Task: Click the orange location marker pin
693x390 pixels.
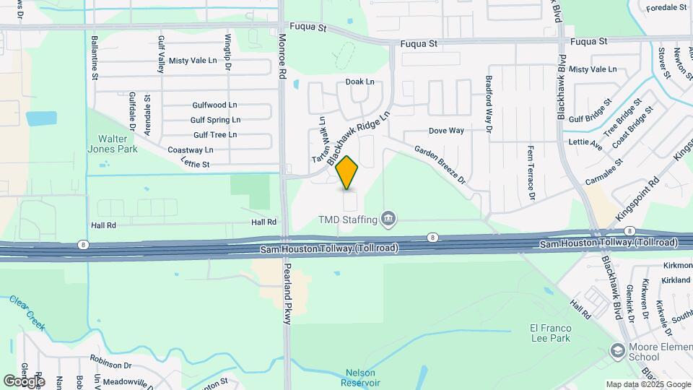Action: (x=347, y=173)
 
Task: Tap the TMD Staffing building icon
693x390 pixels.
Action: (x=388, y=218)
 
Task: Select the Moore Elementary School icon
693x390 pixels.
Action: (x=617, y=351)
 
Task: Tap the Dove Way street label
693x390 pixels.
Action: (x=446, y=131)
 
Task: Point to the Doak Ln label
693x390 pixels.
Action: (x=359, y=82)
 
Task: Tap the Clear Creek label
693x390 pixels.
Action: (x=27, y=312)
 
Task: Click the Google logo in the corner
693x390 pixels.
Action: (x=24, y=381)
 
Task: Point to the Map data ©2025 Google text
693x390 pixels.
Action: (x=648, y=384)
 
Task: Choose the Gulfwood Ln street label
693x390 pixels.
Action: (x=214, y=105)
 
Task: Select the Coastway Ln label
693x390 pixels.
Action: (x=191, y=149)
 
